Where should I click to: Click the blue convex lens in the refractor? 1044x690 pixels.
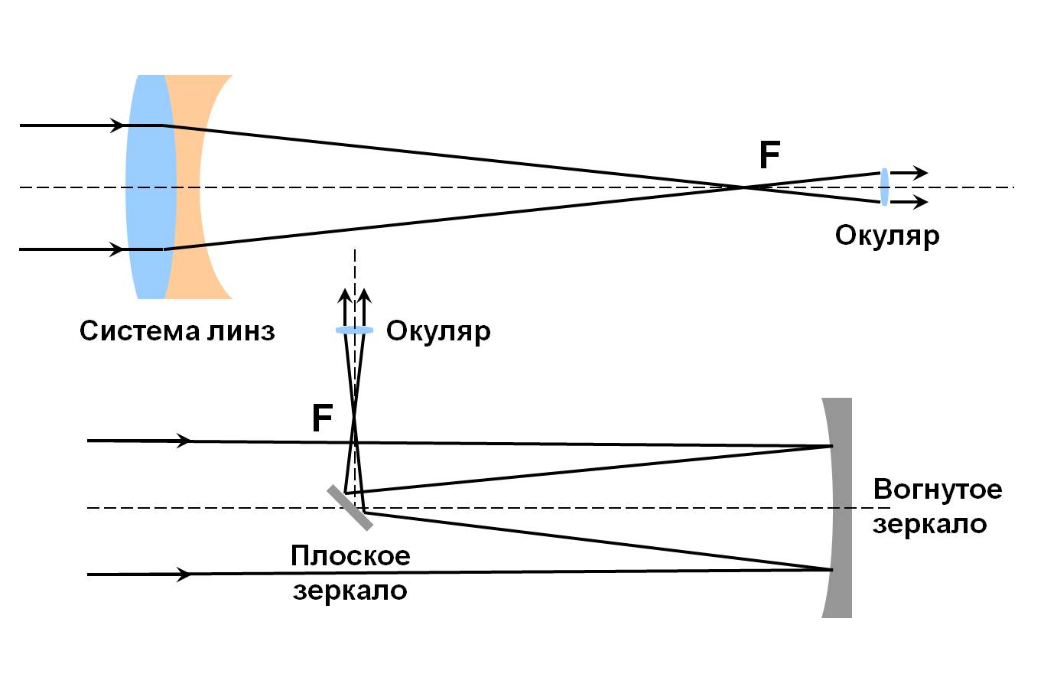150,187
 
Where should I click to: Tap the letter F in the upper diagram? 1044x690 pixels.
769,156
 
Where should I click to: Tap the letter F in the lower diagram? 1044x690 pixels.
322,419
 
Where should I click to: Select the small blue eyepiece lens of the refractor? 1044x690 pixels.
884,187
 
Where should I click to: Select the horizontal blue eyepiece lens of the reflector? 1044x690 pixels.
354,330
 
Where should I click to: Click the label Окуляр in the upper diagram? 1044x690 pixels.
886,235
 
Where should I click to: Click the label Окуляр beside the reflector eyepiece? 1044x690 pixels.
438,331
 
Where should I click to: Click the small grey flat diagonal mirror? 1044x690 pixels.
350,507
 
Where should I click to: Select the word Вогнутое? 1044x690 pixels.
937,489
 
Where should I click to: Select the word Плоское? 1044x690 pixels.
350,555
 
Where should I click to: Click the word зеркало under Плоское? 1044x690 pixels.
350,591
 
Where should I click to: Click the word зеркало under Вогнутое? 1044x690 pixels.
929,525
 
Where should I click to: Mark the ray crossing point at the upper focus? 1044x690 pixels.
743,187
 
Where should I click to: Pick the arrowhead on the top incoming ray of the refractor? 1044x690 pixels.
117,125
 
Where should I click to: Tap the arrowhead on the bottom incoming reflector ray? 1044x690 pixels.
184,574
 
